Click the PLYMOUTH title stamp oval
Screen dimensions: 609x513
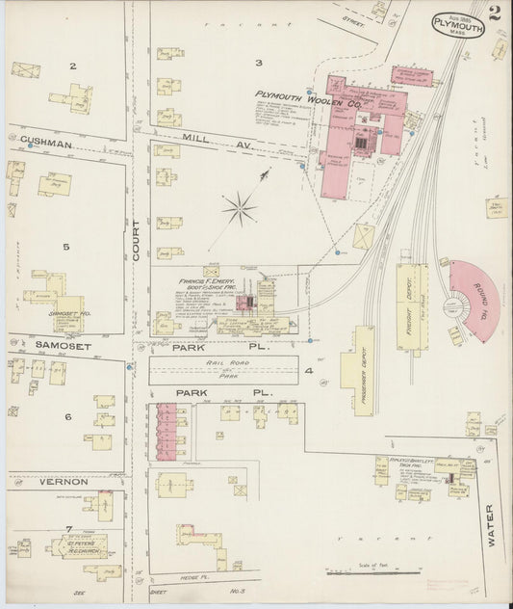pos(457,24)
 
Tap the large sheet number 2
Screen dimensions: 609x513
pos(493,13)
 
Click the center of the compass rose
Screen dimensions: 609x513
pos(239,206)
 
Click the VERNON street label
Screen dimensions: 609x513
pos(63,481)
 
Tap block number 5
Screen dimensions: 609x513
pos(66,248)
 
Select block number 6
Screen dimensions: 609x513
pos(67,416)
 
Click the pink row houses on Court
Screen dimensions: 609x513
pos(169,429)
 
